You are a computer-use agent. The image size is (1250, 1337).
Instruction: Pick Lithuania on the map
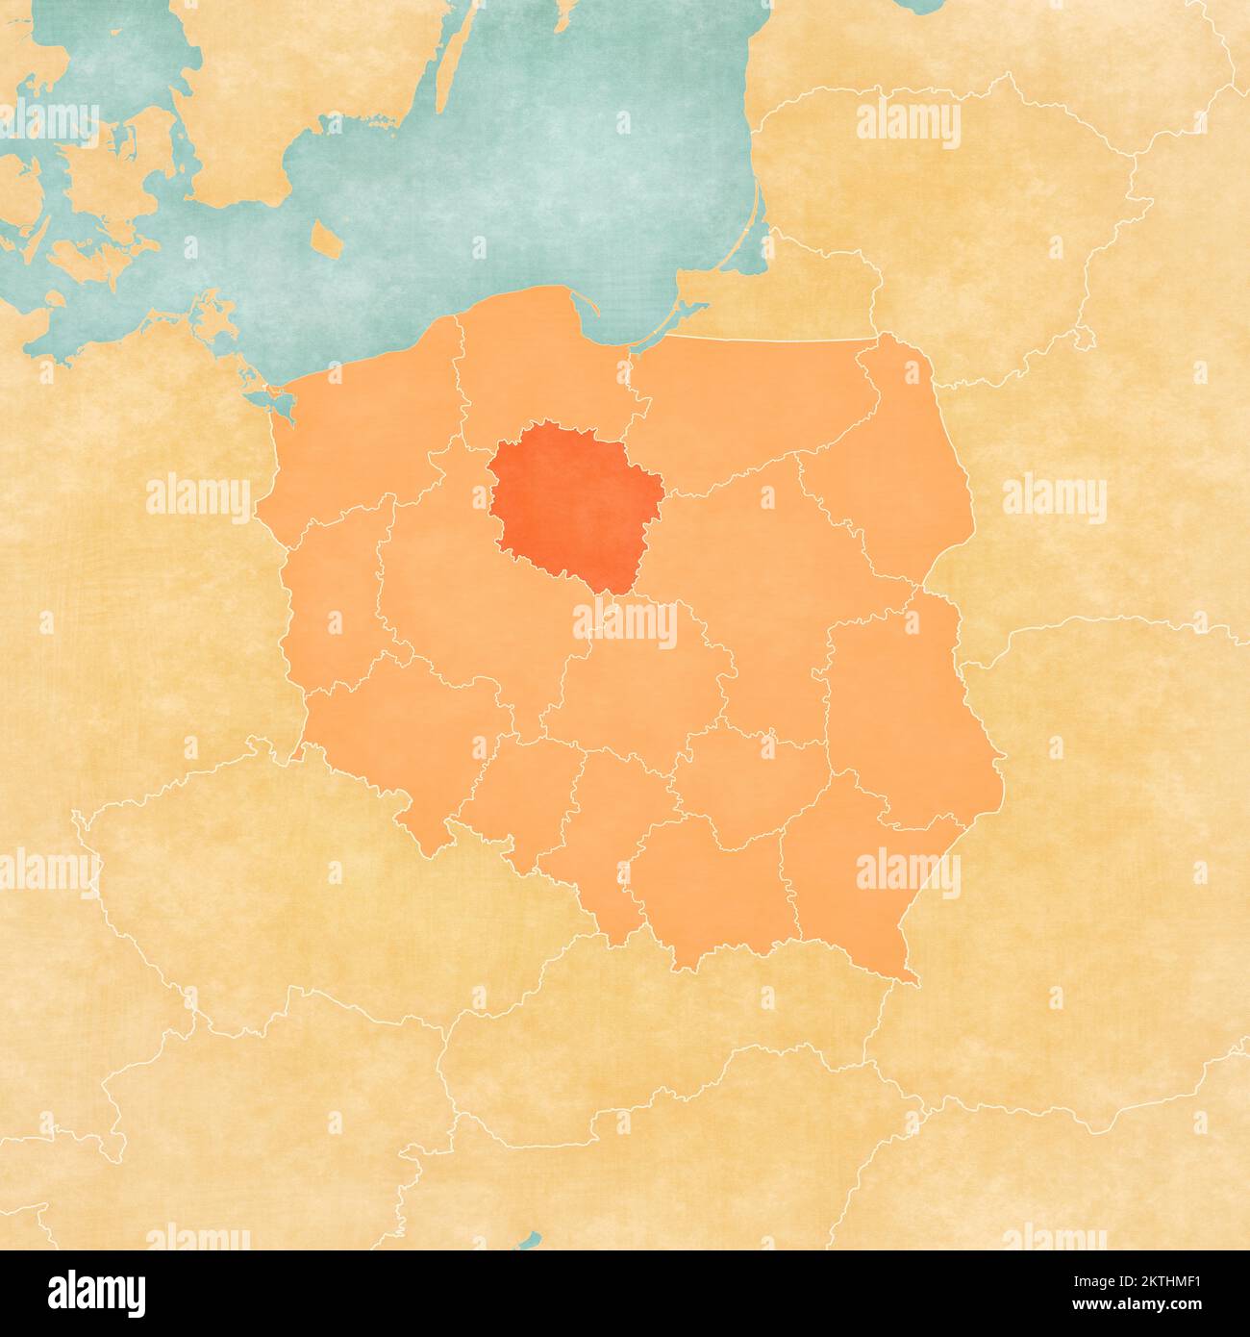(x=962, y=192)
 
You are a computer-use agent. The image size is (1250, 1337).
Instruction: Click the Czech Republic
(x=288, y=885)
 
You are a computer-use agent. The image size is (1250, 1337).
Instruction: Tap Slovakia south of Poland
(x=673, y=1039)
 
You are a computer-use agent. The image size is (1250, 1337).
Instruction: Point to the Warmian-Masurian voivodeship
(x=750, y=404)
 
